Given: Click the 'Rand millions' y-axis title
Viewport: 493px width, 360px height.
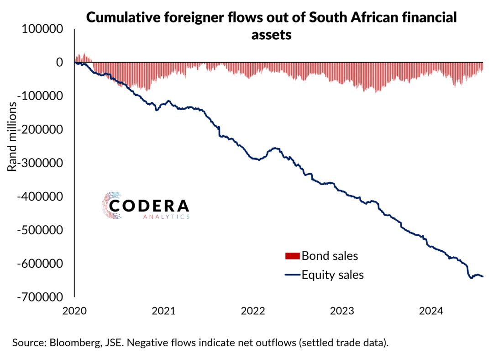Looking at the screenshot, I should point(12,138).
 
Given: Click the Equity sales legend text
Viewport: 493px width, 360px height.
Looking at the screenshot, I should point(333,275).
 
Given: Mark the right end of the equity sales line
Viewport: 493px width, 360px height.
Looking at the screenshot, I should point(483,276).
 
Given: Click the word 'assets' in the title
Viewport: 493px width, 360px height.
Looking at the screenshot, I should point(271,36).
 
